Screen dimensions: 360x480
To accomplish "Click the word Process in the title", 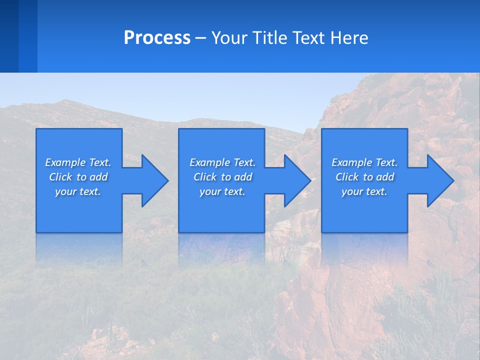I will point(157,38).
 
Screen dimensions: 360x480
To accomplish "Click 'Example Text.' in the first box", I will point(78,162).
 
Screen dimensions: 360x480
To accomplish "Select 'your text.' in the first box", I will point(78,191).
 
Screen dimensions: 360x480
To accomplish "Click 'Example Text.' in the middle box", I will point(222,162).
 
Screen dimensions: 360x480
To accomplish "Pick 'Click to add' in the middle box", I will point(222,177).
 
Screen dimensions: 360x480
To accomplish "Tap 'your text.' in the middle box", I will point(222,191).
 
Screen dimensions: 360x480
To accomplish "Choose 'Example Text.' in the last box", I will point(364,162).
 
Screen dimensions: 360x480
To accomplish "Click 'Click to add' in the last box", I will point(364,177).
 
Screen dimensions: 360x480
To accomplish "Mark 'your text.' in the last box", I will point(364,191).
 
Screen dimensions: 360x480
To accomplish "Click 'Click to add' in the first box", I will point(78,177).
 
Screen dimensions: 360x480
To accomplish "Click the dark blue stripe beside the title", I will point(9,36).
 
